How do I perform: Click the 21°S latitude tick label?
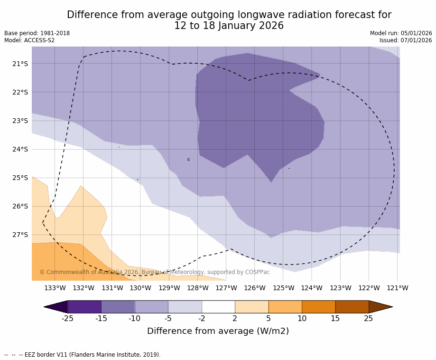point(20,64)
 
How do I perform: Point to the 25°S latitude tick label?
point(20,178)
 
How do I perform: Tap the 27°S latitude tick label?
point(20,235)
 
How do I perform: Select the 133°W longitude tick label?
point(55,288)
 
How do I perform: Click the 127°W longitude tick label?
point(226,288)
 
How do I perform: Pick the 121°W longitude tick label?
point(398,288)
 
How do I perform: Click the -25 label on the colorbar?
point(68,318)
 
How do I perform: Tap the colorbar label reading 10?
point(302,318)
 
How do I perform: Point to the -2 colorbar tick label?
point(202,318)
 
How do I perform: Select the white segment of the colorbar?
point(218,307)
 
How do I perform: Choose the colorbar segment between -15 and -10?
point(118,307)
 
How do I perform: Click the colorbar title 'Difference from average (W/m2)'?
point(218,331)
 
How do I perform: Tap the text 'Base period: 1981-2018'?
point(37,33)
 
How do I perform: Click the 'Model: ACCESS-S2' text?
point(29,40)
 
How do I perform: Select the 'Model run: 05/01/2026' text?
point(401,33)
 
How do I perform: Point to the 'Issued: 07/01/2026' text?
point(406,40)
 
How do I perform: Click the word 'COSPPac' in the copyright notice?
point(258,272)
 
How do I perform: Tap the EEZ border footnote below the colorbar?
point(83,355)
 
